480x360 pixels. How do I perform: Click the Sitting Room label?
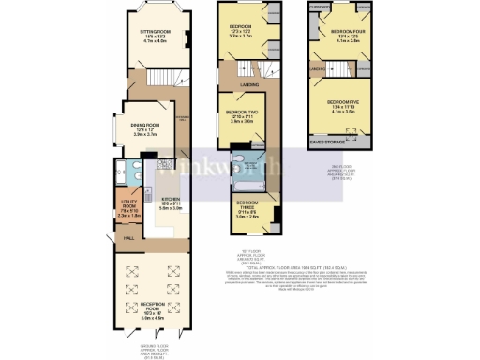[x=152, y=36]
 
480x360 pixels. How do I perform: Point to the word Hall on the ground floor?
[x=128, y=238]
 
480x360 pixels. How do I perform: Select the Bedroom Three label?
[x=247, y=208]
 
